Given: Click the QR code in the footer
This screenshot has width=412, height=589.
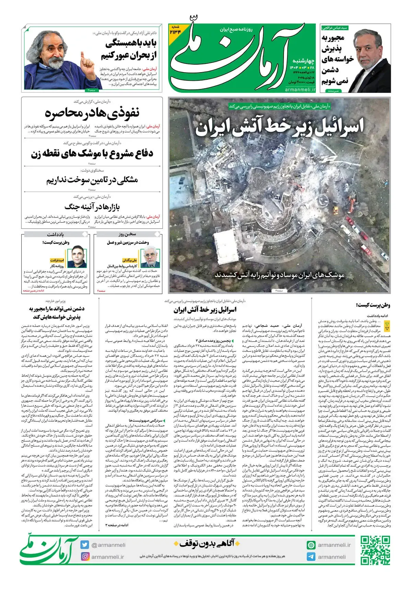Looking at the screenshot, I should click(x=376, y=551).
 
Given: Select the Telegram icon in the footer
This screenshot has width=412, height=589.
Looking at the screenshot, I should click(x=311, y=557).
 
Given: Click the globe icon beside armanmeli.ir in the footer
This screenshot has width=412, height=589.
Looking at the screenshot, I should click(x=311, y=545).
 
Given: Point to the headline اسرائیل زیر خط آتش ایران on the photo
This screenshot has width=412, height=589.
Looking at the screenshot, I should click(x=279, y=127).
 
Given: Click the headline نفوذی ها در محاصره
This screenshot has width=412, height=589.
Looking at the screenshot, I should click(x=92, y=113).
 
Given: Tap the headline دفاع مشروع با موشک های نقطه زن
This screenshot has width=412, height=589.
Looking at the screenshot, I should click(x=92, y=154).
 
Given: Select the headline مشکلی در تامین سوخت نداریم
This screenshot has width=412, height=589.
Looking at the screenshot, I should click(x=92, y=180).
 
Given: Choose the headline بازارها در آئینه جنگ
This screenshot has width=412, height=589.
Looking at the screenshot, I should click(x=92, y=207).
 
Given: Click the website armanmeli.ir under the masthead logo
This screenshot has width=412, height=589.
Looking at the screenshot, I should click(x=300, y=89).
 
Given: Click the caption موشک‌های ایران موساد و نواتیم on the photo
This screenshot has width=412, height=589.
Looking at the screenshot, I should click(x=279, y=275).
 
